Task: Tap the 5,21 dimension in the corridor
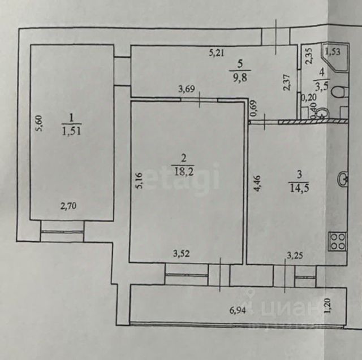218,54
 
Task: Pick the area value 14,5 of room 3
298,188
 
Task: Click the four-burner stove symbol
337,241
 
